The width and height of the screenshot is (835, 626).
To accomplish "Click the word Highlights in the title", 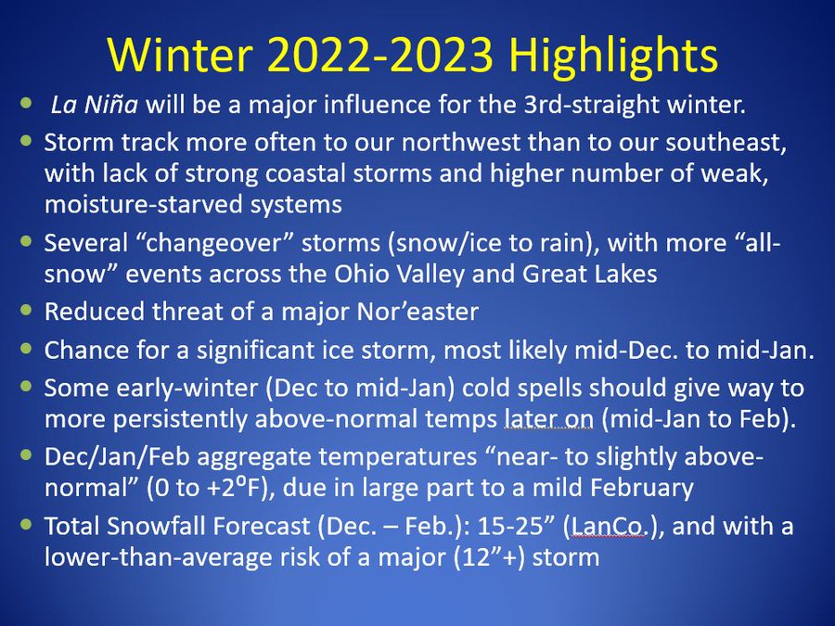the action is [613, 57].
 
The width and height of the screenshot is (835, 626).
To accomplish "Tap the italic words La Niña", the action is [95, 104].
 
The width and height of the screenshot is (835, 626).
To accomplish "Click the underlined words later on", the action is [548, 419].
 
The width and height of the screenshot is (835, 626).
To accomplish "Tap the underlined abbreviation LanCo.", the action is [608, 527].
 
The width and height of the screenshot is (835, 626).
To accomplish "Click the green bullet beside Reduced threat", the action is [26, 310].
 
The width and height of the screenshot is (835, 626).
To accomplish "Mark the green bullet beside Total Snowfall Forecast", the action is [26, 524].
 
